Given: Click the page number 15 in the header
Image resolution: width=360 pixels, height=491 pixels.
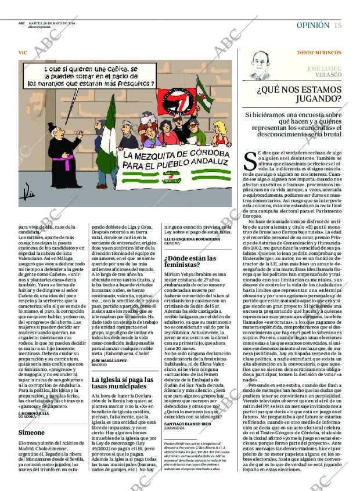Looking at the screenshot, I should (337, 25).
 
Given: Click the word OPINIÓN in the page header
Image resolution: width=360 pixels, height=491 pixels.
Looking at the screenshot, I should (312, 25).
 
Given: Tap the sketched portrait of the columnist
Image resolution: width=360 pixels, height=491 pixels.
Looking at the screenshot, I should (260, 66).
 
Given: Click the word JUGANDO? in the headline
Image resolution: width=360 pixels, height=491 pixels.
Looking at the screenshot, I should (319, 100).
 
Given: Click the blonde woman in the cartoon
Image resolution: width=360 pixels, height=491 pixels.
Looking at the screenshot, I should (220, 133).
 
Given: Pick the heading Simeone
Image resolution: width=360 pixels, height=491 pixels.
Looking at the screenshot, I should (32, 433).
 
